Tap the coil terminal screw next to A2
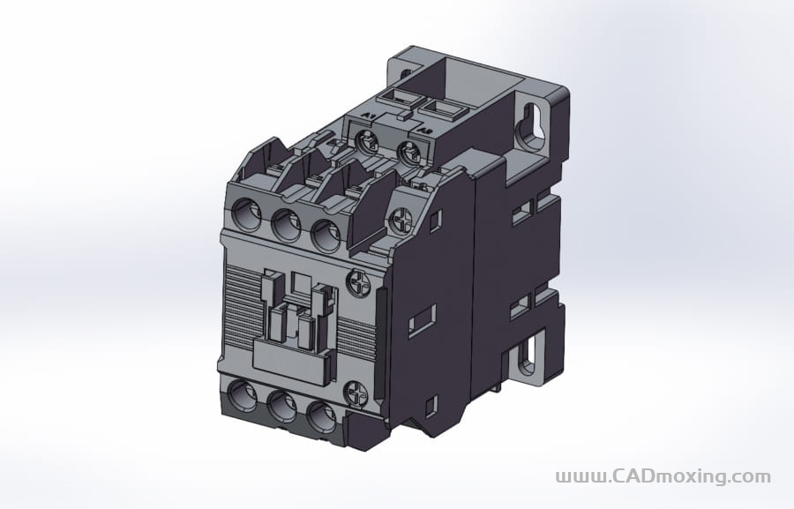click(408, 153)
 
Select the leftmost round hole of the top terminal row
click(248, 215)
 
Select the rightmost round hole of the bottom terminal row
click(320, 416)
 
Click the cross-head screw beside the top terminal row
click(401, 218)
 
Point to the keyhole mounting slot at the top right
click(531, 124)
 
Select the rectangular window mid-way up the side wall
click(424, 318)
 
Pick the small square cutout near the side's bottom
click(431, 406)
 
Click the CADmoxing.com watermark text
click(663, 476)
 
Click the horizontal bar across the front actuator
click(290, 356)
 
